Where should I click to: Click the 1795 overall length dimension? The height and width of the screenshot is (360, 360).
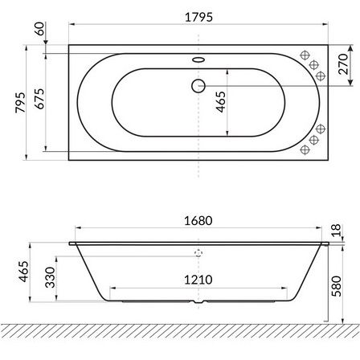pyautogui.click(x=198, y=17)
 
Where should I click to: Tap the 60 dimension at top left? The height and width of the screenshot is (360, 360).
pyautogui.click(x=40, y=29)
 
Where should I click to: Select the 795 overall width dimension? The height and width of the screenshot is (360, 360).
pyautogui.click(x=20, y=102)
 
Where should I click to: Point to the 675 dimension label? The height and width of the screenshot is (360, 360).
pyautogui.click(x=39, y=99)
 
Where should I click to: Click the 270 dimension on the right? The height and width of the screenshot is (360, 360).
pyautogui.click(x=342, y=64)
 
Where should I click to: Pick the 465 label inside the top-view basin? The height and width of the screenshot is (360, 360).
pyautogui.click(x=221, y=102)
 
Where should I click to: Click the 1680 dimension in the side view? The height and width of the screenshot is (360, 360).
pyautogui.click(x=198, y=221)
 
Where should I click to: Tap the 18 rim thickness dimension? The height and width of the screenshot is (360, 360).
pyautogui.click(x=336, y=231)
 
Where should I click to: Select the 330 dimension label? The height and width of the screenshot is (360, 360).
pyautogui.click(x=50, y=277)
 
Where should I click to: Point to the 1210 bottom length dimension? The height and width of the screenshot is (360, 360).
pyautogui.click(x=198, y=280)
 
